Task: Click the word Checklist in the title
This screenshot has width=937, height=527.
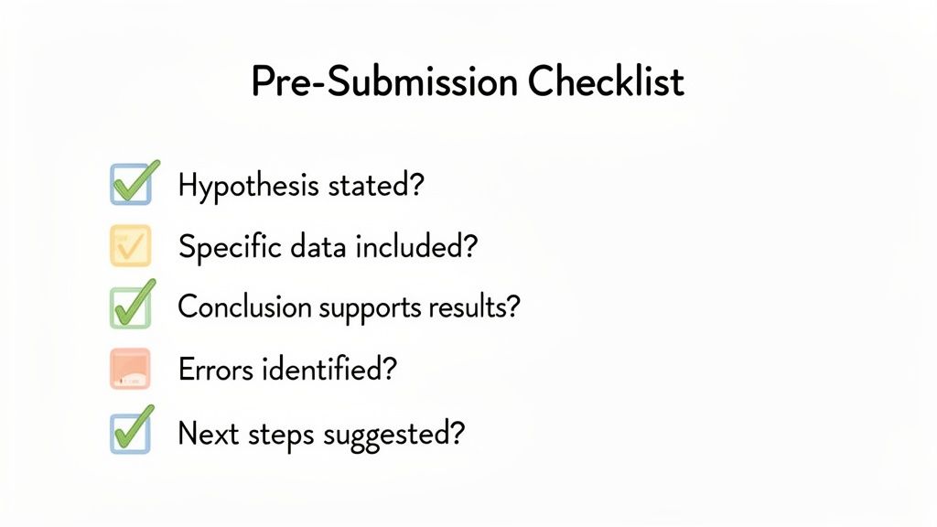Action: [x=605, y=82]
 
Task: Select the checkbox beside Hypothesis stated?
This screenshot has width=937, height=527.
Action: [x=130, y=185]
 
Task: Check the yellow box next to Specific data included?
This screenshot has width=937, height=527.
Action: [x=130, y=245]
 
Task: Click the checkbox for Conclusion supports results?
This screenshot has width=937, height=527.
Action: [x=130, y=307]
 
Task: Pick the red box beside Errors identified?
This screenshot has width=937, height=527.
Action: [x=130, y=369]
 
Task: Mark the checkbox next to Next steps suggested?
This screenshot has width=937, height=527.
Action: [x=130, y=432]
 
